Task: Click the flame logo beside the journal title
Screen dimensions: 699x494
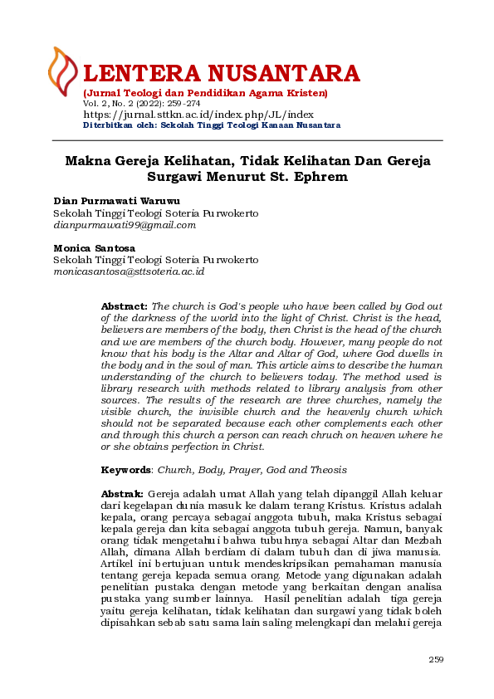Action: click(63, 71)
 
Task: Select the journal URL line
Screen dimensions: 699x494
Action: click(198, 115)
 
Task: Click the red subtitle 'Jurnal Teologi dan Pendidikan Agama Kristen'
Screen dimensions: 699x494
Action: click(205, 92)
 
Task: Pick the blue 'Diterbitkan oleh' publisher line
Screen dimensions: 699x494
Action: click(212, 125)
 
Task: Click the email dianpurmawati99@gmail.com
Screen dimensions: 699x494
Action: click(125, 224)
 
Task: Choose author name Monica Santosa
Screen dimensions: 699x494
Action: click(95, 247)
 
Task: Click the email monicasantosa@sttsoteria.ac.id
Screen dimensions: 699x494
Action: click(129, 271)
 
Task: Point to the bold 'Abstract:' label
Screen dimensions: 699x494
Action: click(125, 306)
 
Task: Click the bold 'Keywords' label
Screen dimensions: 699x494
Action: click(125, 469)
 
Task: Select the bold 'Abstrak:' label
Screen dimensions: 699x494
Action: click(122, 493)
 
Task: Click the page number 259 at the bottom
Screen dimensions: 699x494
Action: click(436, 659)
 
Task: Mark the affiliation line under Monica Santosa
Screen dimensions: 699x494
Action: click(155, 260)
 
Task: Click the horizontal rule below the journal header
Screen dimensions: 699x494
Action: click(247, 140)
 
